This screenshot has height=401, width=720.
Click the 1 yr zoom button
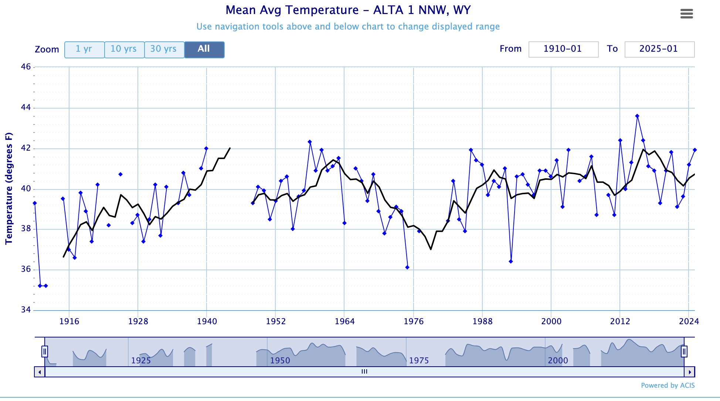coord(84,49)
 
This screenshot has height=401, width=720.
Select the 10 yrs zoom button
coord(124,49)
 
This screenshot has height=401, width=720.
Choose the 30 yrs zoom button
coord(164,49)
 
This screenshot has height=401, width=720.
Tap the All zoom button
coord(204,49)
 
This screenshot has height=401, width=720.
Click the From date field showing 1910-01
coord(563,49)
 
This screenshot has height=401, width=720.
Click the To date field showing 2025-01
coord(659,49)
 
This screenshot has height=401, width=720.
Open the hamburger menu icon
coord(686,14)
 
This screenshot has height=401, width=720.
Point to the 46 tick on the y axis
coord(26,67)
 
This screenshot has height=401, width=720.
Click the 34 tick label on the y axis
coord(26,310)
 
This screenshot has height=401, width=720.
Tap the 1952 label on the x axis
coord(276,321)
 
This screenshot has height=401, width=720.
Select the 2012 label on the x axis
coord(620,321)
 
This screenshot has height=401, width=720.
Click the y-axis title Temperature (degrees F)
coord(9,188)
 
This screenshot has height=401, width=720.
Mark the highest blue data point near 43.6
coord(637,116)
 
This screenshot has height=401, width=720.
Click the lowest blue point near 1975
coord(407,267)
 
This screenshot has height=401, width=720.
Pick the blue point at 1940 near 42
coord(206,148)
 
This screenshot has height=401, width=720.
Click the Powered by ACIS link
coord(668,385)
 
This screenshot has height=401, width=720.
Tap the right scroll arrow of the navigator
coord(690,372)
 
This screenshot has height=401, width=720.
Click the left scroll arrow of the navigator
coord(40,372)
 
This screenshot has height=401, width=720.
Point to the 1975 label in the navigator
coord(419,360)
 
